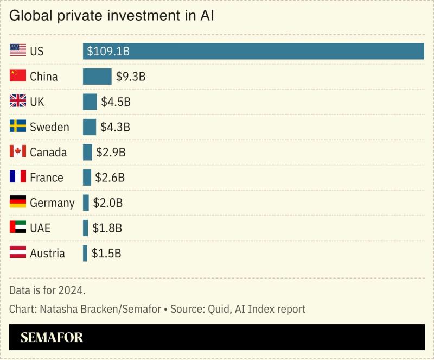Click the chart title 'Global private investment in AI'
112,16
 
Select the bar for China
97,77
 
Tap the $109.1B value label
108,52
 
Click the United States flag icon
18,51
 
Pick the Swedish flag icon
18,127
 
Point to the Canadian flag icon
18,152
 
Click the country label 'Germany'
52,203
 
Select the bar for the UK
90,102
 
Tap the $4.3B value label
115,128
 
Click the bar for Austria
85,254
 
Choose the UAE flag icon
18,228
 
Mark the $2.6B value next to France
110,178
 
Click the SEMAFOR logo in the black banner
52,338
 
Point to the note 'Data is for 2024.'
47,290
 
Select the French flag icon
18,178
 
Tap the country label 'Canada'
48,153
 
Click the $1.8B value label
107,229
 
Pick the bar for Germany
86,203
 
